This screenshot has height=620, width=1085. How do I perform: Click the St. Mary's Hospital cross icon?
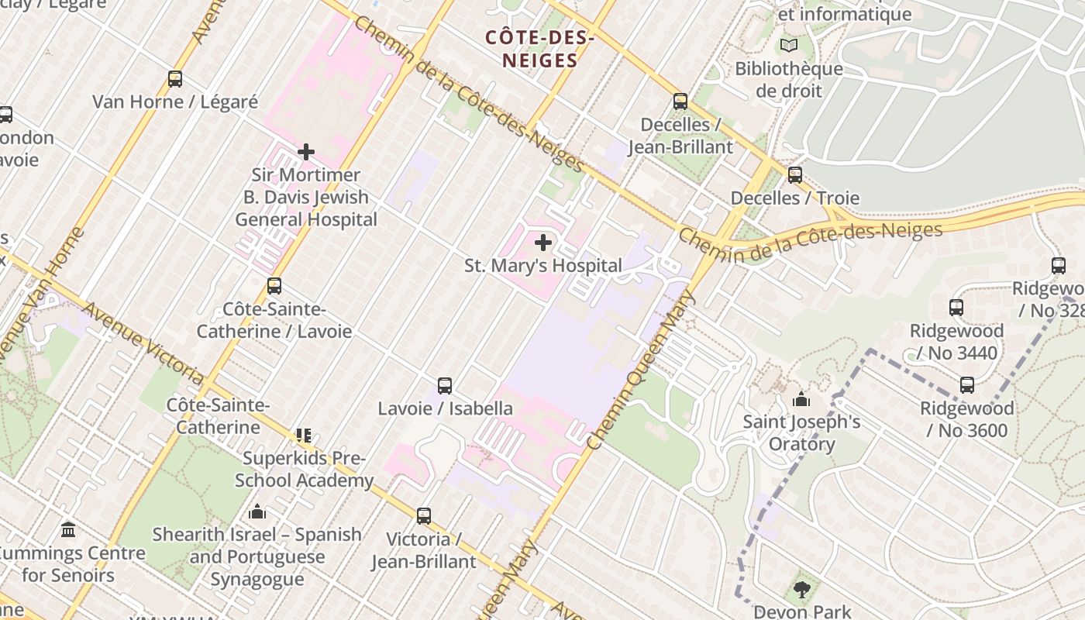coord(543,243)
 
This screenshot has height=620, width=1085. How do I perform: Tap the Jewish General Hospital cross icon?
coord(306,152)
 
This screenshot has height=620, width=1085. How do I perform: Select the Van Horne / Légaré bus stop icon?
coord(175,79)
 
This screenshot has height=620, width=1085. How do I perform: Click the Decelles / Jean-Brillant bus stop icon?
coord(680,101)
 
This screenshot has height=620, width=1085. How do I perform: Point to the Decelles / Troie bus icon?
coord(795,175)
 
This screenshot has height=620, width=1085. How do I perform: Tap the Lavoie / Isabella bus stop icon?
coord(445,385)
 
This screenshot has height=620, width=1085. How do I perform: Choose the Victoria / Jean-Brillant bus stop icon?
coord(424,515)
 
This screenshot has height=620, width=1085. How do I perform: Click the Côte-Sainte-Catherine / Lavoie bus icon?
coord(274,285)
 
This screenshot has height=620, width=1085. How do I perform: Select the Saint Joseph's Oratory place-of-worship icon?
coord(801,400)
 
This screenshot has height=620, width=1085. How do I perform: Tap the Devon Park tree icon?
coord(801,591)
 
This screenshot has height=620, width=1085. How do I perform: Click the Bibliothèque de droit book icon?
coord(789,46)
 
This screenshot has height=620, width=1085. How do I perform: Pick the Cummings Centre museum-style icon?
coord(68,530)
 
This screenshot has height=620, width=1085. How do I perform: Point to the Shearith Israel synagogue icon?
coord(257,511)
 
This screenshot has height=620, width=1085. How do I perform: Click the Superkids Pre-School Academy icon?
coord(303,436)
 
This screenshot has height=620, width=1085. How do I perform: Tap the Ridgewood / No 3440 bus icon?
coord(956,308)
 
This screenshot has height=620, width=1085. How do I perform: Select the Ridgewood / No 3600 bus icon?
coord(967,384)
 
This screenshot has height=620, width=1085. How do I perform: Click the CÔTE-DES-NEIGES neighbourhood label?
coord(540,49)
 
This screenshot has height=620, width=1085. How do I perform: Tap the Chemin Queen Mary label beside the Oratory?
coord(641,370)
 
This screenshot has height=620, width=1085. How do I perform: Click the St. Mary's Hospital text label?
coord(543,266)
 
